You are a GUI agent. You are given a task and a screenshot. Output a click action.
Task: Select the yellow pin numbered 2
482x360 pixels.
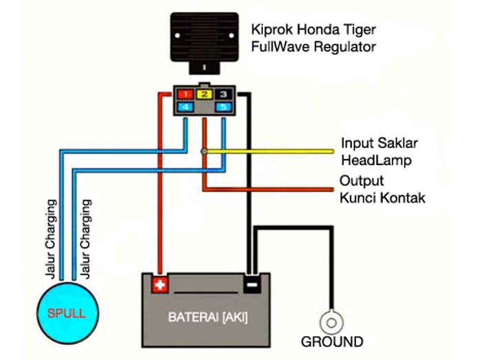tap(204, 94)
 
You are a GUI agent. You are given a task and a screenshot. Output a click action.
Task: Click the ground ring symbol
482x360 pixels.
tap(331, 320)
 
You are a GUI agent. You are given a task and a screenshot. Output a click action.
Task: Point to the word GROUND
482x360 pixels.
tap(332, 342)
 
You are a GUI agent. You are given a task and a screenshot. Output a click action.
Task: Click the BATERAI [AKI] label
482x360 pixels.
tap(209, 318)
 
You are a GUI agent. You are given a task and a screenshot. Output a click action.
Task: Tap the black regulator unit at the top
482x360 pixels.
tap(204, 39)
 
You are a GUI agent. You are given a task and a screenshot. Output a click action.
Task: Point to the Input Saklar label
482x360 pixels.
tap(379, 144)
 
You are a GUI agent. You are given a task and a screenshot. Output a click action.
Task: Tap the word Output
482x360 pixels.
tap(361, 182)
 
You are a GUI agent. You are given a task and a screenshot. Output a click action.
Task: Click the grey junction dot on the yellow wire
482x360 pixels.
tap(204, 151)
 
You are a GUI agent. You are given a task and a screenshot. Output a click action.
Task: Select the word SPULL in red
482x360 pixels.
tap(66, 314)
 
